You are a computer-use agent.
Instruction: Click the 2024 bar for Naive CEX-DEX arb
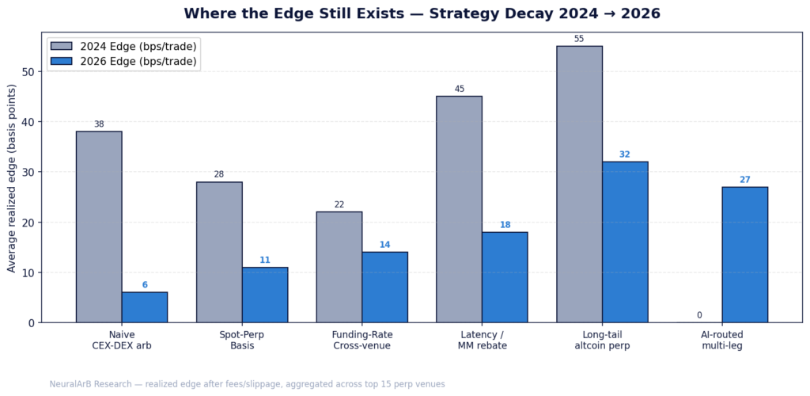click(x=99, y=227)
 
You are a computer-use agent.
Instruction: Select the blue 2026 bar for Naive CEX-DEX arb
click(x=145, y=307)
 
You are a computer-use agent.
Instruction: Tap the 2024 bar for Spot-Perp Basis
click(x=219, y=252)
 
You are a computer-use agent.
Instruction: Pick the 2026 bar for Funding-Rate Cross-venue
click(x=385, y=287)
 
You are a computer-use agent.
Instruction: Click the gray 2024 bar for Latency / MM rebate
click(x=459, y=209)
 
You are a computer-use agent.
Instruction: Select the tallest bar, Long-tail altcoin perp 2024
click(x=579, y=184)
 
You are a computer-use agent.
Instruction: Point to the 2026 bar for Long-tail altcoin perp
click(x=625, y=242)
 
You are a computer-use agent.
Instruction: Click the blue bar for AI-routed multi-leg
click(x=744, y=254)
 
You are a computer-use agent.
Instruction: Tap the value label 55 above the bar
click(x=579, y=39)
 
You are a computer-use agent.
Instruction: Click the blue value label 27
click(x=744, y=180)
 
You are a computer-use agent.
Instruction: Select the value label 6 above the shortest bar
click(x=145, y=285)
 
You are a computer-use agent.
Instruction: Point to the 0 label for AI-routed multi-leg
click(x=699, y=315)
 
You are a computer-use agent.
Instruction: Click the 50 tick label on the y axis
click(x=29, y=71)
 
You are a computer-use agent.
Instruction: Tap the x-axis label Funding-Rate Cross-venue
click(x=362, y=340)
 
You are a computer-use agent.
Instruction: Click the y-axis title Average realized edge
click(x=12, y=177)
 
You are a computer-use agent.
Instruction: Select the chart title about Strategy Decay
click(x=422, y=13)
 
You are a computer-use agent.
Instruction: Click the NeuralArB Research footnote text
click(x=247, y=384)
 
